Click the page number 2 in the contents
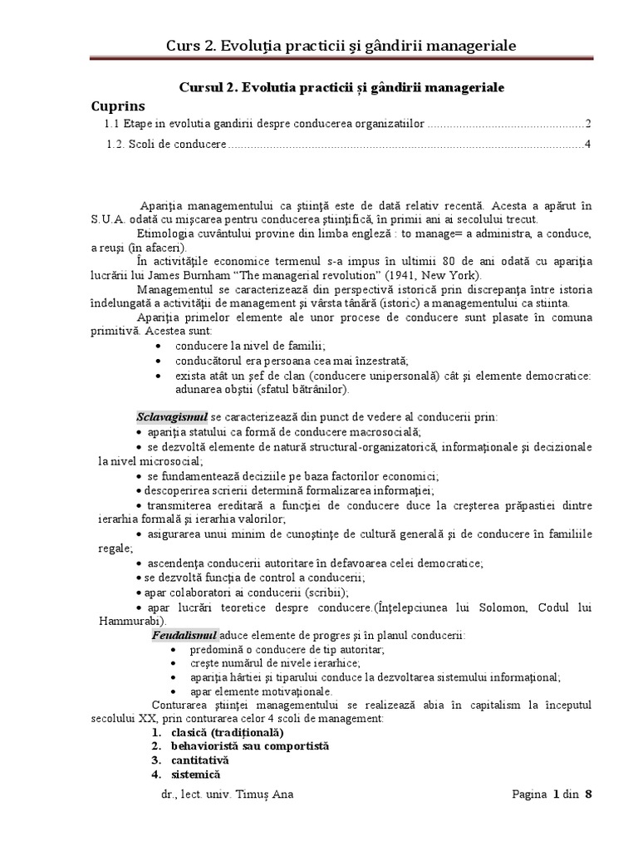[x=587, y=125]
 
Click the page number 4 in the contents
[x=587, y=145]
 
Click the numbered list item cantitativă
[x=199, y=760]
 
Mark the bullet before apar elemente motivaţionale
[x=172, y=691]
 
